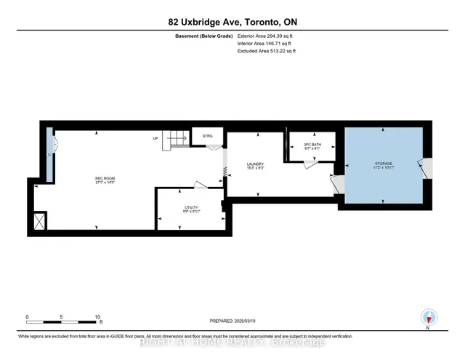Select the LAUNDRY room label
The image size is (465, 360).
pyautogui.click(x=254, y=165)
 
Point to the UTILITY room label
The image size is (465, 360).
pyautogui.click(x=190, y=208)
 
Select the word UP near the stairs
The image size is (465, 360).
pyautogui.click(x=155, y=138)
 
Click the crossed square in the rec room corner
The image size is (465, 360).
pyautogui.click(x=40, y=220)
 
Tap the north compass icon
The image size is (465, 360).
pyautogui.click(x=429, y=317)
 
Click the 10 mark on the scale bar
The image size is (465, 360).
pyautogui.click(x=97, y=317)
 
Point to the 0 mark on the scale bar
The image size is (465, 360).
pyautogui.click(x=28, y=317)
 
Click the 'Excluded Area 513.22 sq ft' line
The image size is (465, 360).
pyautogui.click(x=266, y=51)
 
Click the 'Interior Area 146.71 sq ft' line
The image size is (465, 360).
pyautogui.click(x=264, y=43)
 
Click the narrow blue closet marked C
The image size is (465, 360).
pyautogui.click(x=49, y=155)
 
